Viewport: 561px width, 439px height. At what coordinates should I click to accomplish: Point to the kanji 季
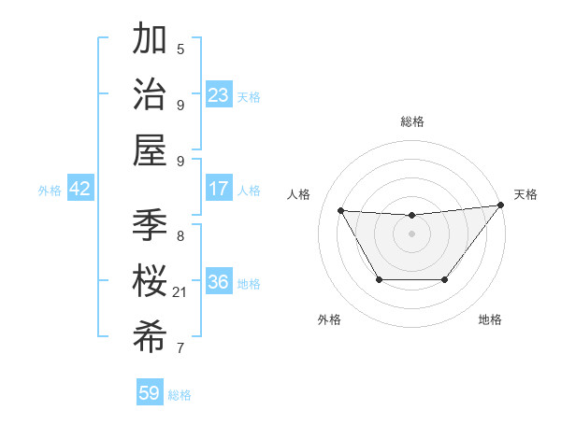(151, 225)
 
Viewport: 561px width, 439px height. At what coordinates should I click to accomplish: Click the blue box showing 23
(218, 95)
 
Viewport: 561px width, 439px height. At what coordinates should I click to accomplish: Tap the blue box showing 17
(219, 189)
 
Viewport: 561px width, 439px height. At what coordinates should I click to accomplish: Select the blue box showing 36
(219, 282)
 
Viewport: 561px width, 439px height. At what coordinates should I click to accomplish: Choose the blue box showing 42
(79, 189)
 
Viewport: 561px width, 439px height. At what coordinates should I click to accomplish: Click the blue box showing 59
(150, 393)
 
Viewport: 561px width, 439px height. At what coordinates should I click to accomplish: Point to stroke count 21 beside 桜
(180, 292)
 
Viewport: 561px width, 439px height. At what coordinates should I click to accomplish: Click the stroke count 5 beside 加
(180, 49)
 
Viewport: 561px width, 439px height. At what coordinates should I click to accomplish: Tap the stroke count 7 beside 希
(180, 348)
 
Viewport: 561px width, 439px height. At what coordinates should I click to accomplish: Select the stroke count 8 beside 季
(180, 235)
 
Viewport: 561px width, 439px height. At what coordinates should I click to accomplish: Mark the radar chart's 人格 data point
(341, 211)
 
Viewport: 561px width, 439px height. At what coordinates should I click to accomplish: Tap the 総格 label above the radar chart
(412, 121)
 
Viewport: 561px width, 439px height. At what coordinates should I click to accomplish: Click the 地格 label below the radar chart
(490, 319)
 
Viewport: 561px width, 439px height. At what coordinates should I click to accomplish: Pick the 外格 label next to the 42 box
(50, 190)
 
